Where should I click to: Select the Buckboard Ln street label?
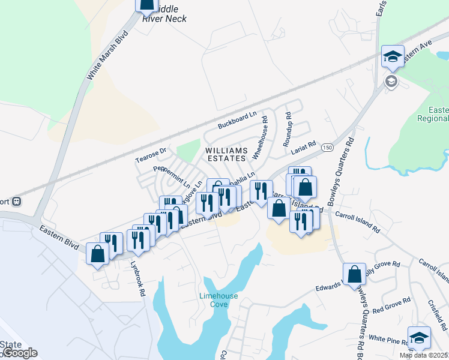click(237, 120)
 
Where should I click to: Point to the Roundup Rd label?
click(289, 124)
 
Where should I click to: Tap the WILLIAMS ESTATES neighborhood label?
click(226, 154)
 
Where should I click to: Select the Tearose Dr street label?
click(150, 155)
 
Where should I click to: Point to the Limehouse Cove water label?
click(218, 300)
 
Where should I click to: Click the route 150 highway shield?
click(327, 147)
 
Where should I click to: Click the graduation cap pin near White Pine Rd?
click(418, 337)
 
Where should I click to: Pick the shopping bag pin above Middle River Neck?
click(147, 5)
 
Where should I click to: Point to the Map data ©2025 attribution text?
click(423, 355)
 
